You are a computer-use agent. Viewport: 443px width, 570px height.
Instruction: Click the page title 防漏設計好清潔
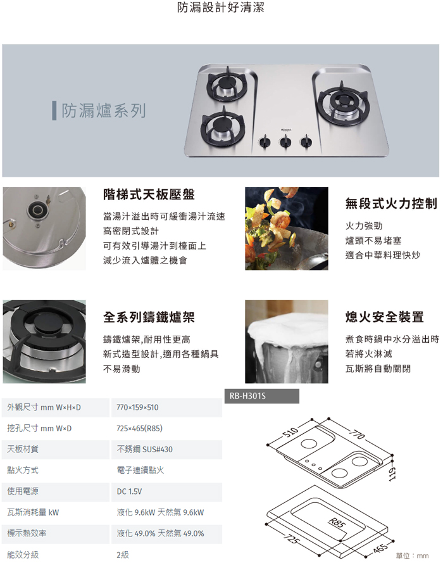pyautogui.click(x=221, y=8)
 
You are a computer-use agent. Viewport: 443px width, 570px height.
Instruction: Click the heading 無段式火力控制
pyautogui.click(x=391, y=203)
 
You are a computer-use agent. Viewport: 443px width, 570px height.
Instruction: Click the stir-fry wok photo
pyautogui.click(x=287, y=228)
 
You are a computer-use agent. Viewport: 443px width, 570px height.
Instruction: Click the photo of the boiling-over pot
pyautogui.click(x=287, y=342)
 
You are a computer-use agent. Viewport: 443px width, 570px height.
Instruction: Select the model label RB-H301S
pyautogui.click(x=248, y=396)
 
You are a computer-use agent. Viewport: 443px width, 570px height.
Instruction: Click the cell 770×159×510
pyautogui.click(x=138, y=407)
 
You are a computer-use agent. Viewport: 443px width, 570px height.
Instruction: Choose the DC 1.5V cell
pyautogui.click(x=130, y=491)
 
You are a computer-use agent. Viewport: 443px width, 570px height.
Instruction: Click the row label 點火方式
pyautogui.click(x=23, y=471)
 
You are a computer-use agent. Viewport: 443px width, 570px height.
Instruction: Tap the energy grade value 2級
pyautogui.click(x=123, y=554)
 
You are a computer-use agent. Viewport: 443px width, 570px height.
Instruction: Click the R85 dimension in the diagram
pyautogui.click(x=337, y=522)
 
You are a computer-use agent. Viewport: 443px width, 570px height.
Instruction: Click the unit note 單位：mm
pyautogui.click(x=412, y=555)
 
